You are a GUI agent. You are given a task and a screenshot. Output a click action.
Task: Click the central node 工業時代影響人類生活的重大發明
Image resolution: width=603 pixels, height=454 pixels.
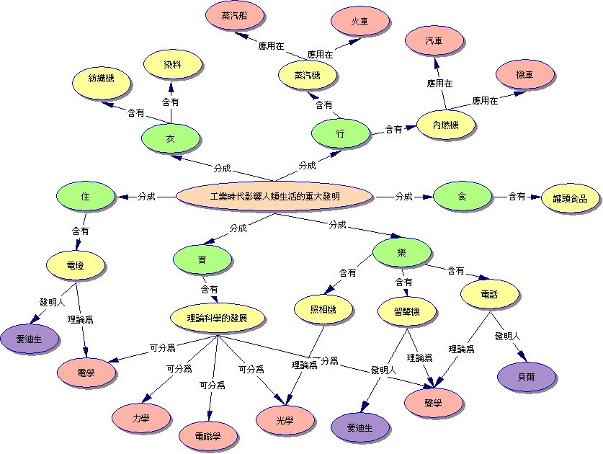(x=274, y=197)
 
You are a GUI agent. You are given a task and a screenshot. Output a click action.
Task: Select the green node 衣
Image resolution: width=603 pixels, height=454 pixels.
(x=170, y=138)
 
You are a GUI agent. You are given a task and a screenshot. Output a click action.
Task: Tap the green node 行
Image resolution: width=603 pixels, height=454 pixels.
(x=340, y=133)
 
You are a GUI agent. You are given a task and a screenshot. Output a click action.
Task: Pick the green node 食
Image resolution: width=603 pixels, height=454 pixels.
(x=463, y=197)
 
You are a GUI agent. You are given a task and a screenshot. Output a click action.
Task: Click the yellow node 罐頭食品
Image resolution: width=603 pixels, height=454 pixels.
(x=571, y=198)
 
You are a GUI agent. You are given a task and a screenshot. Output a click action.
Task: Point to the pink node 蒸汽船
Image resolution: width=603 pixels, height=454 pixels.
(x=235, y=16)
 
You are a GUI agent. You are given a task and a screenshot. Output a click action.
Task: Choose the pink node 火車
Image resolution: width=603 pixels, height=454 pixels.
(x=359, y=22)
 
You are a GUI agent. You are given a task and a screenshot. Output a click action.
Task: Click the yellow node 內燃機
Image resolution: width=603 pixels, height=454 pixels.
(x=446, y=125)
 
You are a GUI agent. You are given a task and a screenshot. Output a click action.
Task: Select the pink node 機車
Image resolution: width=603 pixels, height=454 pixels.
(x=525, y=74)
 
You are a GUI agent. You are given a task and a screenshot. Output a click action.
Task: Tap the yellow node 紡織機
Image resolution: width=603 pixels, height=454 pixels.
(x=102, y=79)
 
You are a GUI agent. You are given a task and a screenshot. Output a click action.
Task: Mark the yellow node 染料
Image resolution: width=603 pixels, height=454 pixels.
(x=173, y=65)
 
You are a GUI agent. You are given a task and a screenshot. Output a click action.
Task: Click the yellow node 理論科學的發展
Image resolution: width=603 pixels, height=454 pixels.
(x=218, y=319)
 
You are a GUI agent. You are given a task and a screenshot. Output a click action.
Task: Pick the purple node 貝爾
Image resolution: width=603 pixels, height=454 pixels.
(x=527, y=376)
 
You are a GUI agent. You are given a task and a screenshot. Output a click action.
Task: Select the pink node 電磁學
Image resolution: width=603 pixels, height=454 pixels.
(x=208, y=436)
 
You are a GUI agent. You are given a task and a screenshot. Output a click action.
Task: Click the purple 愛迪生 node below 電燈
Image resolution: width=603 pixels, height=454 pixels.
(x=30, y=339)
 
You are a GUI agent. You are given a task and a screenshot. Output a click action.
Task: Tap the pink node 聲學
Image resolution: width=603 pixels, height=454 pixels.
(x=434, y=403)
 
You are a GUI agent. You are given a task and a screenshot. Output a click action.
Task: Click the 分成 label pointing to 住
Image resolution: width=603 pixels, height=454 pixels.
(x=146, y=197)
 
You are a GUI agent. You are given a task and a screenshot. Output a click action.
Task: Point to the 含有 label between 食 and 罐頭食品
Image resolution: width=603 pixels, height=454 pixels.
(x=517, y=197)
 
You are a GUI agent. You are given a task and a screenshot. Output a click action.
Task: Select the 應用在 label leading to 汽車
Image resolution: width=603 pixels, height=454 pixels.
(x=439, y=83)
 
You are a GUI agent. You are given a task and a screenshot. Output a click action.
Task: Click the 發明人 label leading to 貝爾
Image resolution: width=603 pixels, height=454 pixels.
(x=507, y=337)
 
